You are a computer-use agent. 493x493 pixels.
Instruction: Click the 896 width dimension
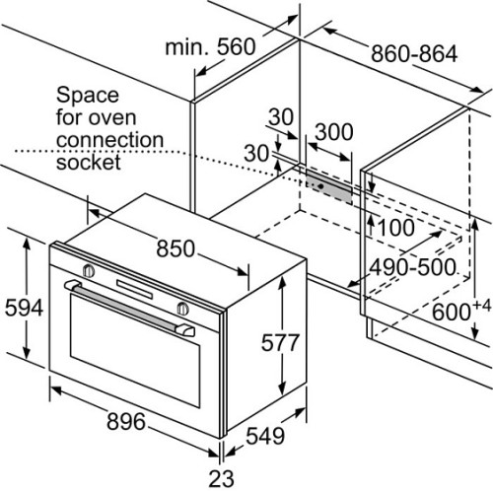(126, 421)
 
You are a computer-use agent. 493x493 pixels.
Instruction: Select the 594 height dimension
(24, 308)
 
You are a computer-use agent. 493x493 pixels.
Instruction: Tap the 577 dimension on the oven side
(280, 342)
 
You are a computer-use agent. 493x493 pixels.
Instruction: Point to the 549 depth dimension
(265, 436)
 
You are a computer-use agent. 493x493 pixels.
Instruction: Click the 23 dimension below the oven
(222, 478)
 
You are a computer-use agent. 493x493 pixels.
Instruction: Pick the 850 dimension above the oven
(176, 248)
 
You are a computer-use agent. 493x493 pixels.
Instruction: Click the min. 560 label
(210, 46)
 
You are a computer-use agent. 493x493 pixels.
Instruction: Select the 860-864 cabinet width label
(414, 53)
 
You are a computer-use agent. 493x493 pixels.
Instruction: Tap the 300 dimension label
(334, 132)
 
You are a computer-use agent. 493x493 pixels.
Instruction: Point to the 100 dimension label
(396, 228)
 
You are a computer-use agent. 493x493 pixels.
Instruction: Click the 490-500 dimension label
(412, 267)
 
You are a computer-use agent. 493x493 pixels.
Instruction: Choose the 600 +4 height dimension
(461, 310)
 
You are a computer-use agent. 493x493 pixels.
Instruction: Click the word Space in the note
(88, 96)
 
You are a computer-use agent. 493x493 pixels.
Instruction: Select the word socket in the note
(89, 162)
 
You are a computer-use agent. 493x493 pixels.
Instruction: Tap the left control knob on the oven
(89, 270)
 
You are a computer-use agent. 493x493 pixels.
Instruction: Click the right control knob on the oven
(183, 309)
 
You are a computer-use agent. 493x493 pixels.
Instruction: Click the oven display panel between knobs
(135, 289)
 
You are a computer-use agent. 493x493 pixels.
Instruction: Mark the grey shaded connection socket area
(328, 186)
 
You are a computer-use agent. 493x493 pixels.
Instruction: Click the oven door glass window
(135, 350)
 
